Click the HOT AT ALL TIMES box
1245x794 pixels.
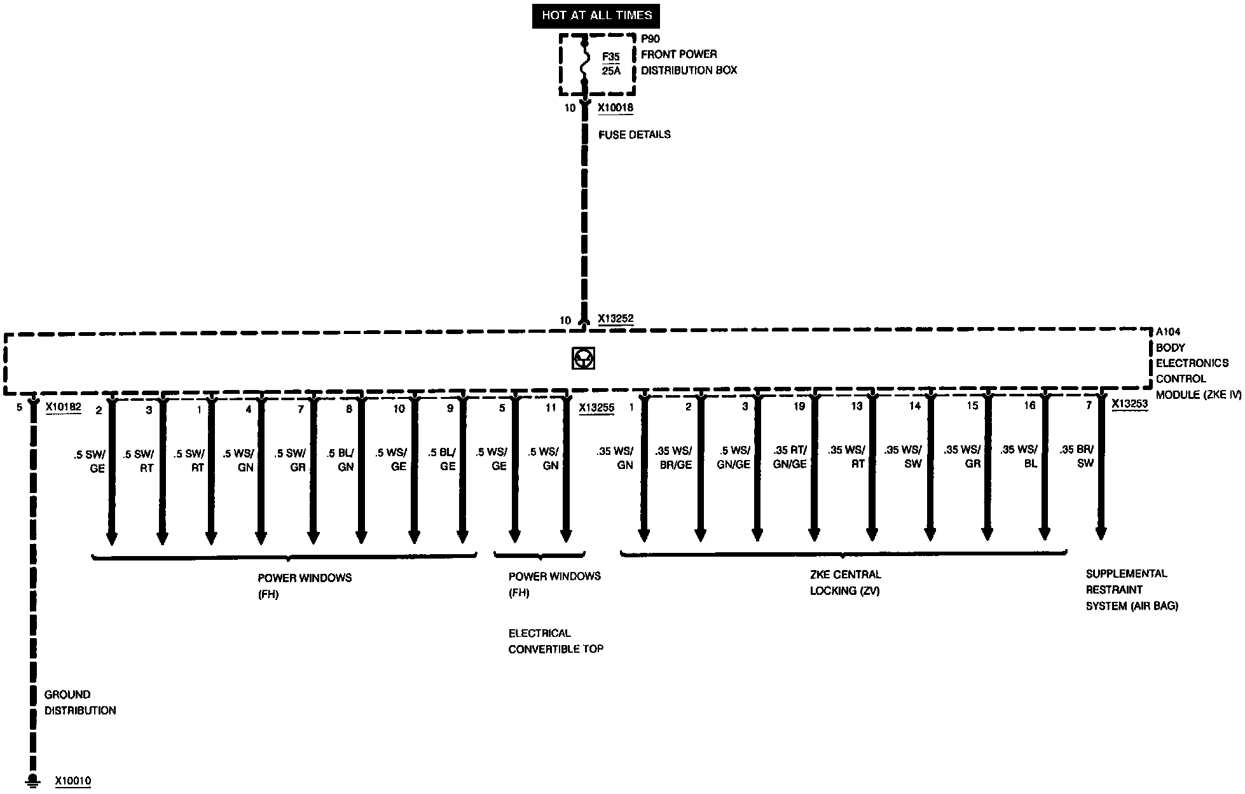tap(596, 15)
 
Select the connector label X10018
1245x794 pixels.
tap(615, 108)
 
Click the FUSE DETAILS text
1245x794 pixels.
tap(634, 135)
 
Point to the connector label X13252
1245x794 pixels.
tap(615, 319)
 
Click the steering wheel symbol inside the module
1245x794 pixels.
tap(583, 359)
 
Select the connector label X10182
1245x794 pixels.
tap(63, 408)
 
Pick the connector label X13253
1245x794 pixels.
tap(1129, 403)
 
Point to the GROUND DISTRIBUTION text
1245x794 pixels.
tap(80, 702)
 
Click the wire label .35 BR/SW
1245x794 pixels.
tap(1076, 456)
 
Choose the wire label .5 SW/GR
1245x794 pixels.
tap(291, 460)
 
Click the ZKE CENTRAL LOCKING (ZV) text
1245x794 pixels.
tap(845, 582)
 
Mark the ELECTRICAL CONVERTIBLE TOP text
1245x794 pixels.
tap(555, 641)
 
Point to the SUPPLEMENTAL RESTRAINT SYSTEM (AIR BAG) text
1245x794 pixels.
tap(1131, 590)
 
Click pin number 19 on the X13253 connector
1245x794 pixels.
tap(799, 406)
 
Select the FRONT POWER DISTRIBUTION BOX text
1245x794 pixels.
tap(689, 62)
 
